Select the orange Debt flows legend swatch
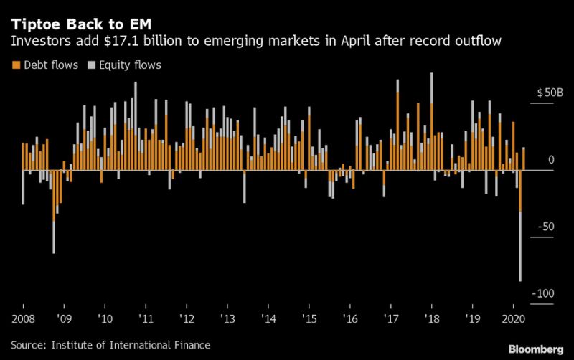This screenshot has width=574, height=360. (x=15, y=65)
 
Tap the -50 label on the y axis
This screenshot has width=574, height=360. (x=545, y=227)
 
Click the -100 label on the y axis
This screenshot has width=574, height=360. (x=542, y=293)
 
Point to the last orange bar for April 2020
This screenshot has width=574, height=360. (x=524, y=159)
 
